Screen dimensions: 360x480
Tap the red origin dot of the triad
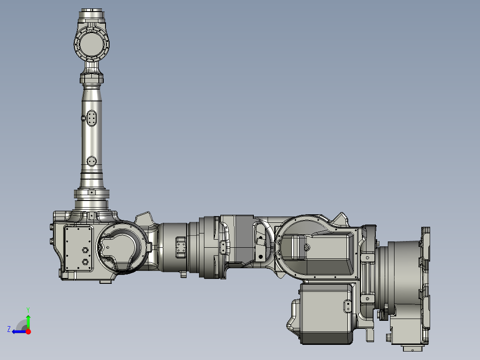(28, 331)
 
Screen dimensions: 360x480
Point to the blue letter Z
(9, 329)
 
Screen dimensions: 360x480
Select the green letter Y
(28, 309)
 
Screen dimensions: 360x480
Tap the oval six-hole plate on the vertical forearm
(92, 119)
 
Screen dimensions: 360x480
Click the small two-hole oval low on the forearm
(92, 160)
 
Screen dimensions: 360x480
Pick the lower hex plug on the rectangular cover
(83, 262)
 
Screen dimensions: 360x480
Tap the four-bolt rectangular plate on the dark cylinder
(181, 247)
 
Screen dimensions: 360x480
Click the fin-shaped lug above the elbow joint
(145, 219)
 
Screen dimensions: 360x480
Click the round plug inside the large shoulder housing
(306, 247)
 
